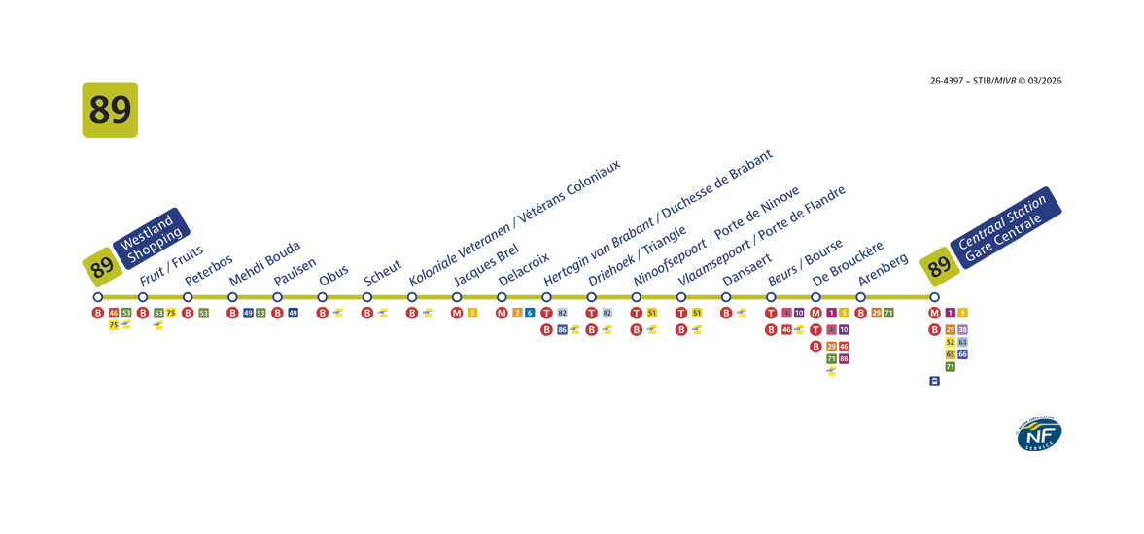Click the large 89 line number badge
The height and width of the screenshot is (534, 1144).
coord(110,110)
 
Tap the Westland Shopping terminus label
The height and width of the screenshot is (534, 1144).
coord(152,237)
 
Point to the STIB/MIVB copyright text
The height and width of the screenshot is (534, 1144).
coord(995,81)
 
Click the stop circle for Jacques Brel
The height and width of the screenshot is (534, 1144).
coord(457,297)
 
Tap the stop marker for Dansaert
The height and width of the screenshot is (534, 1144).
coord(726,297)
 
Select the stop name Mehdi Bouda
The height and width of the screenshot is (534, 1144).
coord(264,263)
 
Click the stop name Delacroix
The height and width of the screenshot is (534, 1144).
coord(524,269)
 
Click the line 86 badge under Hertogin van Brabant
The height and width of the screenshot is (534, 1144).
coord(562,330)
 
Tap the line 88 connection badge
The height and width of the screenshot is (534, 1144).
coord(844,359)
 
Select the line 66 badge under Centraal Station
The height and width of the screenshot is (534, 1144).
coord(962,354)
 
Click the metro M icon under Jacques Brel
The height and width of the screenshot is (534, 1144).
coord(457,313)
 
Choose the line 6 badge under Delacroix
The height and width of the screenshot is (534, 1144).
coord(530,313)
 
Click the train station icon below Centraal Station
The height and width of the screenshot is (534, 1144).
coord(934,382)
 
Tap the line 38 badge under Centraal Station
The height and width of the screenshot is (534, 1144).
coord(962,330)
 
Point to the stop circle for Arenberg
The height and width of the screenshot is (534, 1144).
coord(860,297)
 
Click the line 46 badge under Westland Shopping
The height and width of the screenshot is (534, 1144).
coord(114,313)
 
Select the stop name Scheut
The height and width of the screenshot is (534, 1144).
coord(382,273)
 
